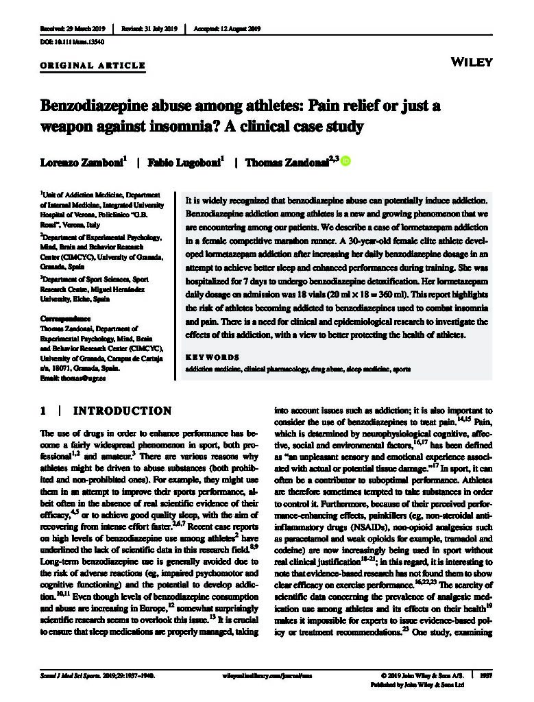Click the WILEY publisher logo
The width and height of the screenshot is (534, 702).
473,62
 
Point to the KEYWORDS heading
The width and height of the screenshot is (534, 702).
213,357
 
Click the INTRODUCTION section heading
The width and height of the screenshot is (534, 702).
122,411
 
